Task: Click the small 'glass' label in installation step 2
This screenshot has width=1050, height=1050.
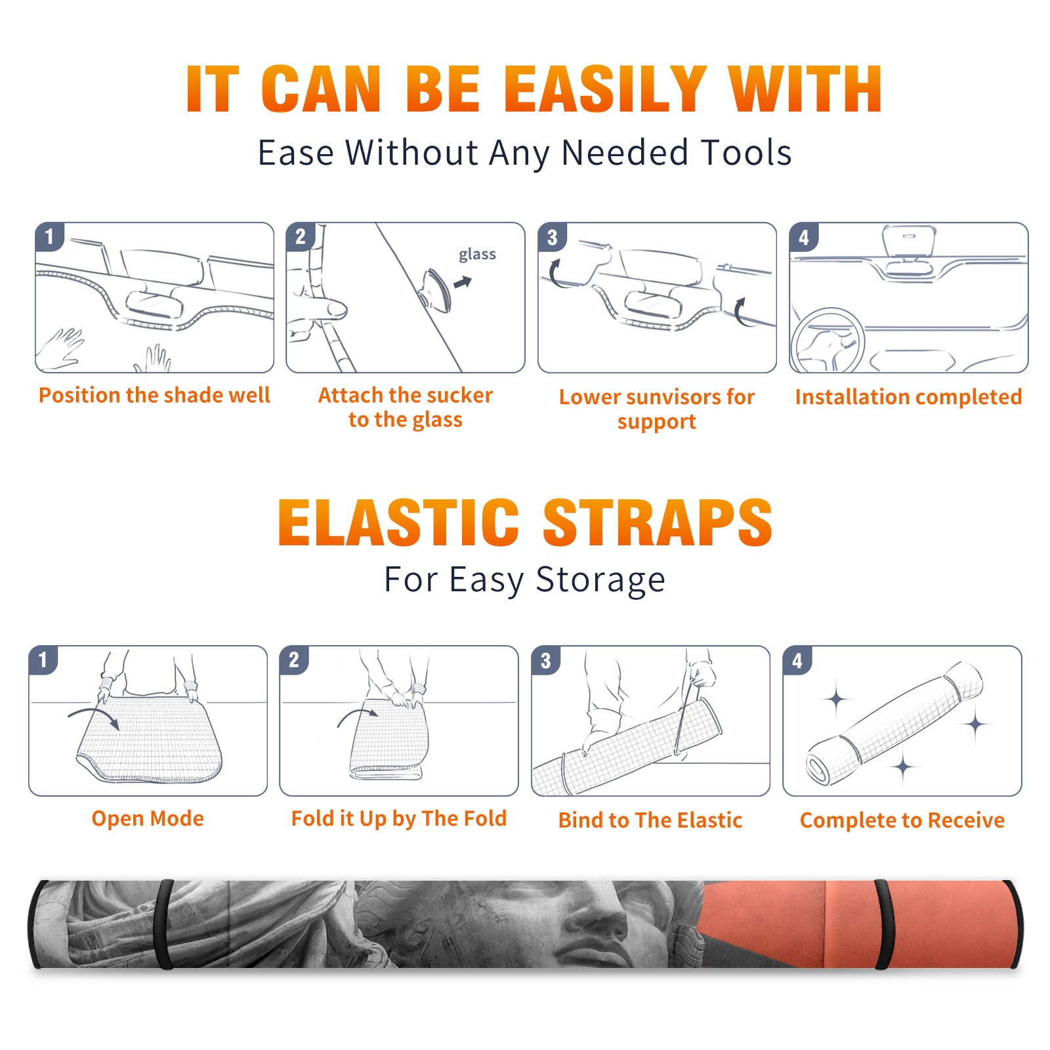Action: pos(477,255)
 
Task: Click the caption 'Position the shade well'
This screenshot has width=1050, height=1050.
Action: pos(154,395)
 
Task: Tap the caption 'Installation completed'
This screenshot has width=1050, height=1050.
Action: pos(908,397)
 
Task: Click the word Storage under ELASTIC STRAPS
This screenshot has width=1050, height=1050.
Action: pos(600,581)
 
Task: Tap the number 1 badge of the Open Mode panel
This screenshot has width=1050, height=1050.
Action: pos(43,660)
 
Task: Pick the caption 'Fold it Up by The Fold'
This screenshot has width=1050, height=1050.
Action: pos(399,818)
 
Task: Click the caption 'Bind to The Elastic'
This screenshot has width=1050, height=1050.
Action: pos(650,820)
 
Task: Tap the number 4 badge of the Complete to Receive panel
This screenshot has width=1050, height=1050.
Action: pos(797,660)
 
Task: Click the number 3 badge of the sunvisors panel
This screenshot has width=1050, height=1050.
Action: pos(552,237)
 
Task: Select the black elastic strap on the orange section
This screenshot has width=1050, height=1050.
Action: pos(883,924)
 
